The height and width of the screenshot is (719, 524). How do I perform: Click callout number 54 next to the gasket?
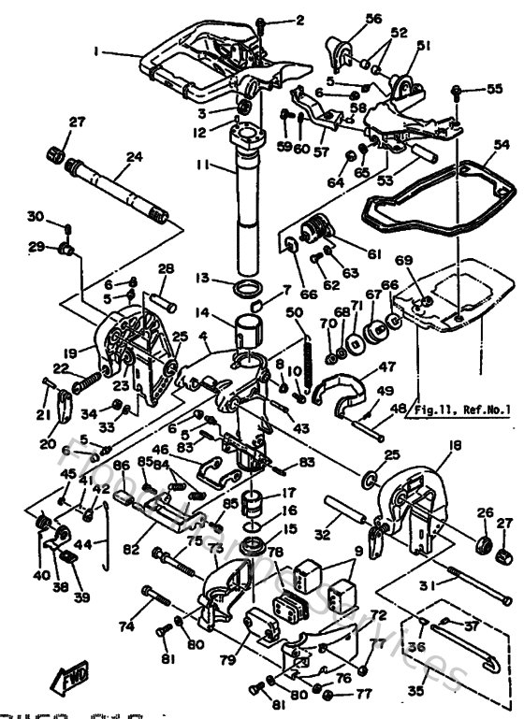[x=502, y=145]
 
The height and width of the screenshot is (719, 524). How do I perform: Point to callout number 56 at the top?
[x=347, y=19]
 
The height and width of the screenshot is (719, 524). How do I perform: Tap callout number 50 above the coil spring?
[x=294, y=311]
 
